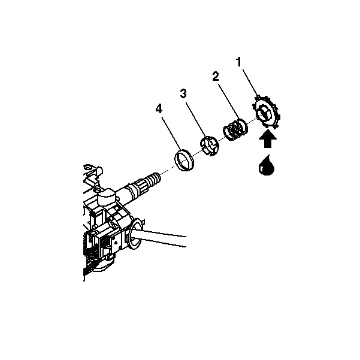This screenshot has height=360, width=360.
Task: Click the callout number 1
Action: point(239,62)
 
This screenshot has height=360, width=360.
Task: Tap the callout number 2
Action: point(216,76)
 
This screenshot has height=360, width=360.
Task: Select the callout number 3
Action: point(183,93)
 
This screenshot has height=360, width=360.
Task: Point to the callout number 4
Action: point(159,108)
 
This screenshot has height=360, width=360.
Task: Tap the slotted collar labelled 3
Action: point(209,146)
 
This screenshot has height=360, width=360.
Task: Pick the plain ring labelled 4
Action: point(184,160)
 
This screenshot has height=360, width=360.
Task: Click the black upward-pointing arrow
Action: point(268,139)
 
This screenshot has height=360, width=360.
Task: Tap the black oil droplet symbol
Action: point(267,165)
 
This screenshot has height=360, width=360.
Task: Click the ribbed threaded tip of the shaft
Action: point(154,179)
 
